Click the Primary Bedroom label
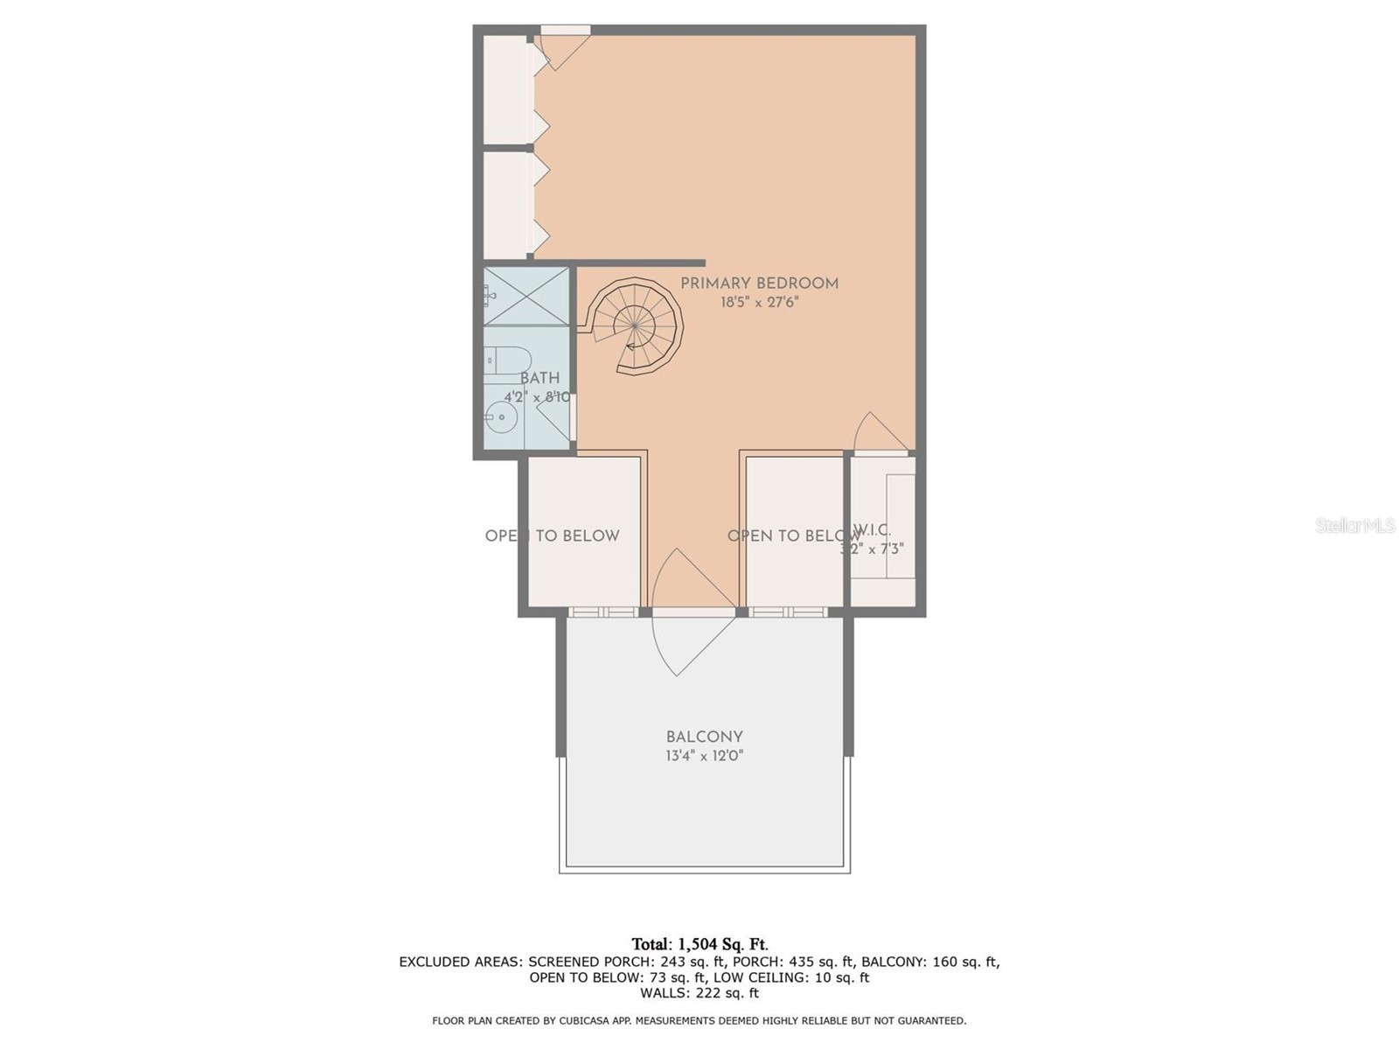coord(759,283)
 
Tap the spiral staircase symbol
coord(636,326)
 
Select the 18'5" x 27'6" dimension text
coord(759,303)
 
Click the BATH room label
coord(539,378)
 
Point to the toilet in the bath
coord(505,360)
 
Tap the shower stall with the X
coord(527,297)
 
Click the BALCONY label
coord(704,737)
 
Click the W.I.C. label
coord(872,530)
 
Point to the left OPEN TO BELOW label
coord(552,535)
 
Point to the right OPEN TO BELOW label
coord(792,535)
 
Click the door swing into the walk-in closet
coord(877,433)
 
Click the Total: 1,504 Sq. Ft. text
coord(699,944)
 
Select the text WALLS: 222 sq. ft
coord(699,993)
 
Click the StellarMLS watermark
coord(1354,526)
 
